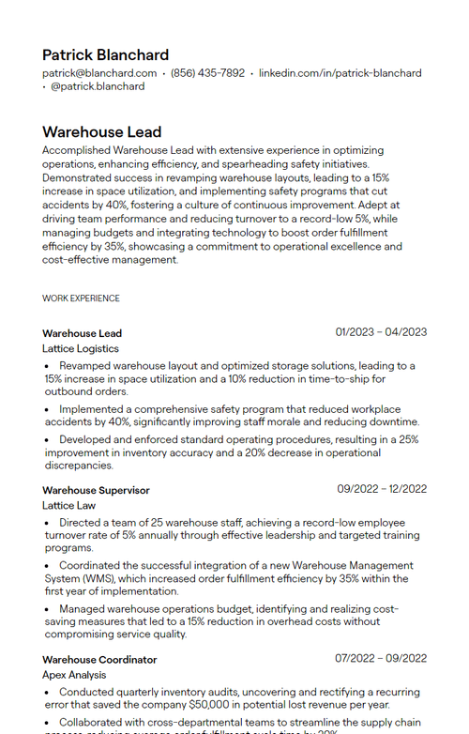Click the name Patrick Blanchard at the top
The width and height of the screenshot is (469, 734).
(105, 55)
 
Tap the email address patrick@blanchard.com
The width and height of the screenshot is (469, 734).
(99, 73)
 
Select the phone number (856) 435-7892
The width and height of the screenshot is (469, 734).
(207, 73)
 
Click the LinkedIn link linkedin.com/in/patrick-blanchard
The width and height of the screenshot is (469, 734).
(340, 73)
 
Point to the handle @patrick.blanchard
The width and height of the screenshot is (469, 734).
(98, 86)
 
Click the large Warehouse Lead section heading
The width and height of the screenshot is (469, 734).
(101, 132)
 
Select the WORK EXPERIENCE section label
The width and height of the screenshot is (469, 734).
(81, 298)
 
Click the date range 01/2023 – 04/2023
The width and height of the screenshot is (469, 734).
(381, 332)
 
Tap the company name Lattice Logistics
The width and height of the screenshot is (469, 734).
(81, 348)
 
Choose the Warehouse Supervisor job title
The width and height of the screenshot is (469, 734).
(96, 490)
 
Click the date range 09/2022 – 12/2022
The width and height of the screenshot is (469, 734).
(382, 489)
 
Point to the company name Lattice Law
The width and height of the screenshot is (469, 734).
(68, 505)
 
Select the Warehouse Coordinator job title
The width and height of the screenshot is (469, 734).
(99, 660)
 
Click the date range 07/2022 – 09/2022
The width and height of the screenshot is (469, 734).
(381, 659)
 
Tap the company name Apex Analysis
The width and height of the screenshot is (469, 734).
(74, 675)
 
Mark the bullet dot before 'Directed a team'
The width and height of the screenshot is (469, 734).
(48, 523)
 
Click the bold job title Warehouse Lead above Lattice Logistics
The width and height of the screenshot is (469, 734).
(82, 333)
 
